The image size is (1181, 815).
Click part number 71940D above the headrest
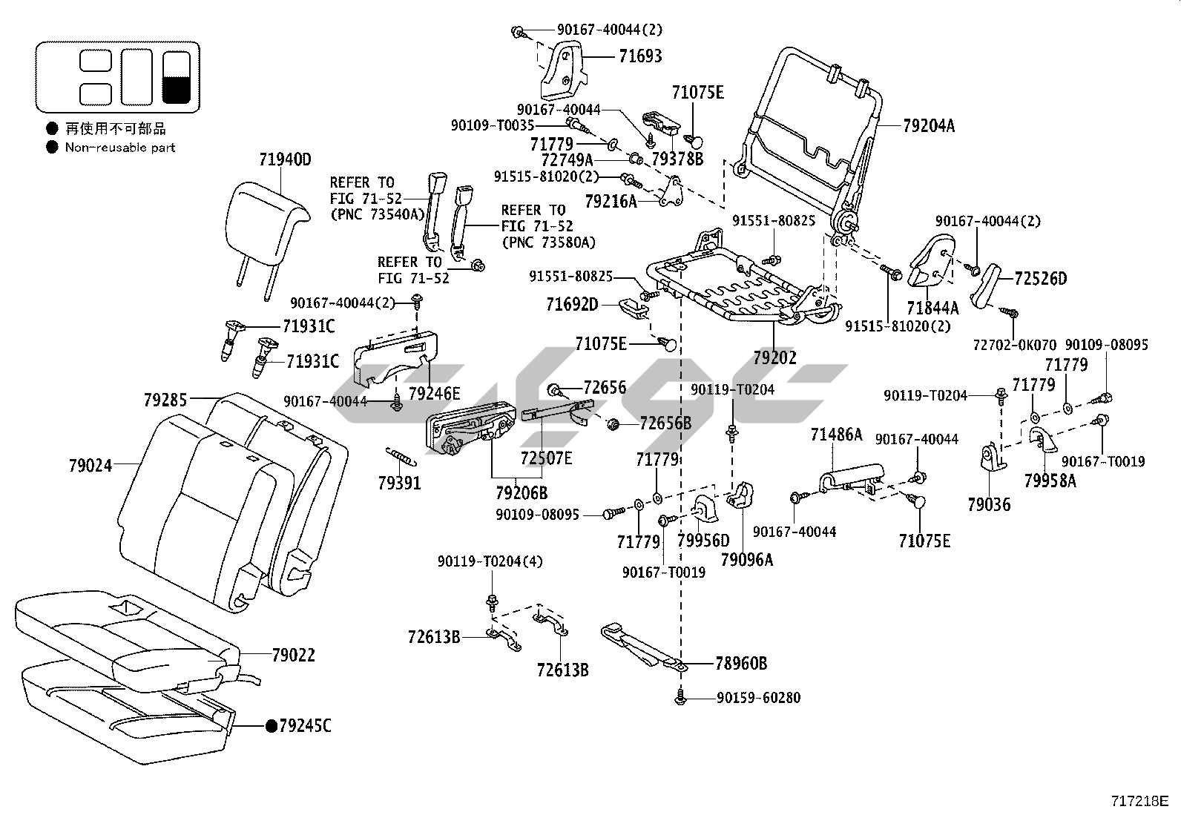click(285, 159)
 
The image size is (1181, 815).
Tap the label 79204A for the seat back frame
click(929, 126)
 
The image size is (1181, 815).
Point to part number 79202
click(774, 357)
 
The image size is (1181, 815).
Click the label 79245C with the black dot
click(304, 725)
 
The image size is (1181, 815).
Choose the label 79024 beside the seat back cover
click(91, 466)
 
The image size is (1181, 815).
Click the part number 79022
click(293, 656)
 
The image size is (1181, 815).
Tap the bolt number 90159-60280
click(758, 698)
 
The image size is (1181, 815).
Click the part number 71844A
click(932, 308)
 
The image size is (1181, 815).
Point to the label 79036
click(989, 504)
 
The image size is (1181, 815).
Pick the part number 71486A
click(836, 435)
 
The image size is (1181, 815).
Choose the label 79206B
click(522, 492)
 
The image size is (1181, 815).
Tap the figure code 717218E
click(1139, 802)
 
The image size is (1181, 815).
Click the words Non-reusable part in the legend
click(120, 148)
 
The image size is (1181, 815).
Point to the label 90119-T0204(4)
click(490, 561)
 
